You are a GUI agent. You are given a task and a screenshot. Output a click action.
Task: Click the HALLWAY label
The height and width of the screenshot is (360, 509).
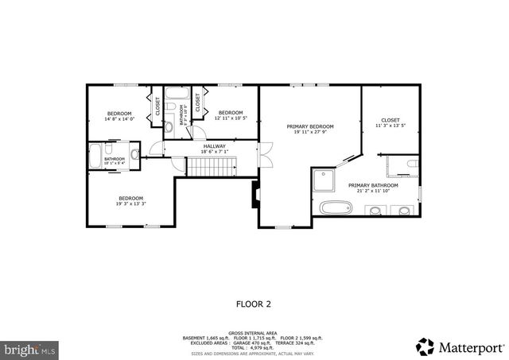point(214,146)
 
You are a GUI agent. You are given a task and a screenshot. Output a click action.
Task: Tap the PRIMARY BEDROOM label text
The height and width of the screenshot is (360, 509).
point(310,126)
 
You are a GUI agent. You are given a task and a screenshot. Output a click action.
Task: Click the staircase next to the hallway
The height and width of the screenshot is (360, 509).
point(212,166)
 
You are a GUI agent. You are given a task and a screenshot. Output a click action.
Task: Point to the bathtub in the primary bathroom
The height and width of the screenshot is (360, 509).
point(336,208)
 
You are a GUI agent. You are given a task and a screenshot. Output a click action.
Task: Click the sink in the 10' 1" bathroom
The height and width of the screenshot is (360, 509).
point(134,153)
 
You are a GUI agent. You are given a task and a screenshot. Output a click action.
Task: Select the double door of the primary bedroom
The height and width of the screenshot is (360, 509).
point(267,150)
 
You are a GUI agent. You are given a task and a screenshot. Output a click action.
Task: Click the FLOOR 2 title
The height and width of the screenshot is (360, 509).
point(254,304)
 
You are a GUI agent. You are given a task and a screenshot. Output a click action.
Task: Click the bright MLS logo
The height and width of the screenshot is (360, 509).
point(30,349)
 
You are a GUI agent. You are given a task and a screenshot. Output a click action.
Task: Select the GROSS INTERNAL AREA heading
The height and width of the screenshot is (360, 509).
point(254,334)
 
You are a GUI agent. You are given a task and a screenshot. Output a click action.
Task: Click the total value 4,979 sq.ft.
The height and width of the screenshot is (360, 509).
point(262,348)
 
